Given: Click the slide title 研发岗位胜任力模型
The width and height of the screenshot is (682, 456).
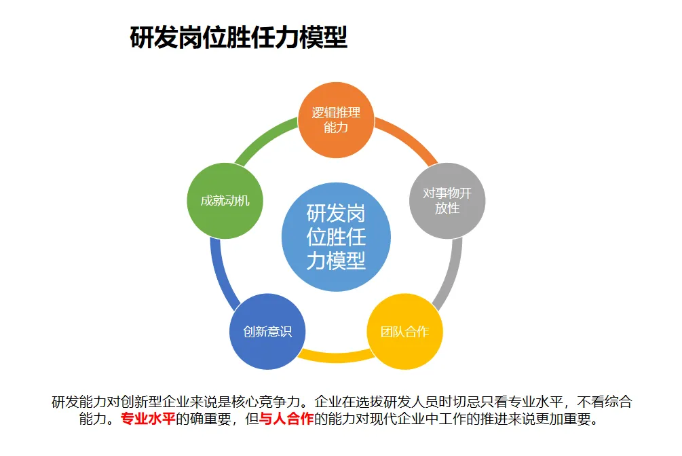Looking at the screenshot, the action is coord(238,38).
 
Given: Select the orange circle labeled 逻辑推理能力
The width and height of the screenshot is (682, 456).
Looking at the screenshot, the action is coord(336,120).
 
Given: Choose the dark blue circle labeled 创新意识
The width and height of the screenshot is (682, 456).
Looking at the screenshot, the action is coord(267,332).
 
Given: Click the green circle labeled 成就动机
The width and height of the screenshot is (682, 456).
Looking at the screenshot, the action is coord(225,201).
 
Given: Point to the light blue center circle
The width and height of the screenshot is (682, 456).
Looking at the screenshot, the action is coord(336,236).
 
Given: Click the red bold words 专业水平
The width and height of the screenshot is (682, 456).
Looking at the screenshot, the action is coord(148,419).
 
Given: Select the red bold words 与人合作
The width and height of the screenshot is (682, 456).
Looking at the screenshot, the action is coord(286,419).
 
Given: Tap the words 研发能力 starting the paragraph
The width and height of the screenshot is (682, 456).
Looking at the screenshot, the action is coord(75,402).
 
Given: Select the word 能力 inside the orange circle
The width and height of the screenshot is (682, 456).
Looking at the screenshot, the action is coord(336,128).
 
